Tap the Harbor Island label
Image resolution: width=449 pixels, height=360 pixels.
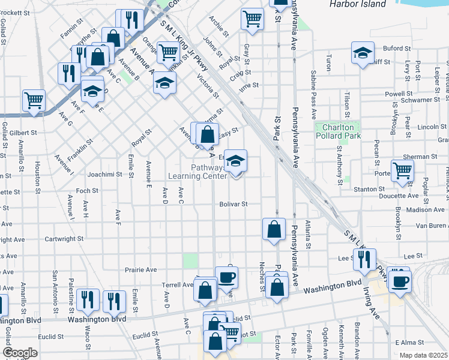(x=357, y=4)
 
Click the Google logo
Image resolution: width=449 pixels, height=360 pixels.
(x=20, y=352)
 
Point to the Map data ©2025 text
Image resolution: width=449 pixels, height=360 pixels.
(x=423, y=355)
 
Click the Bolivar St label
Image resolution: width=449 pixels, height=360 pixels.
(x=233, y=204)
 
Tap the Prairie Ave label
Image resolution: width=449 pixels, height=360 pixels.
(x=142, y=270)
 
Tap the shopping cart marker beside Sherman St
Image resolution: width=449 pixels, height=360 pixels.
(x=402, y=170)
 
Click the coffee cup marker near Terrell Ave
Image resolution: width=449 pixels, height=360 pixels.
(x=227, y=277)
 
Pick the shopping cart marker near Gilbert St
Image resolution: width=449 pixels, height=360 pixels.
(x=34, y=100)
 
